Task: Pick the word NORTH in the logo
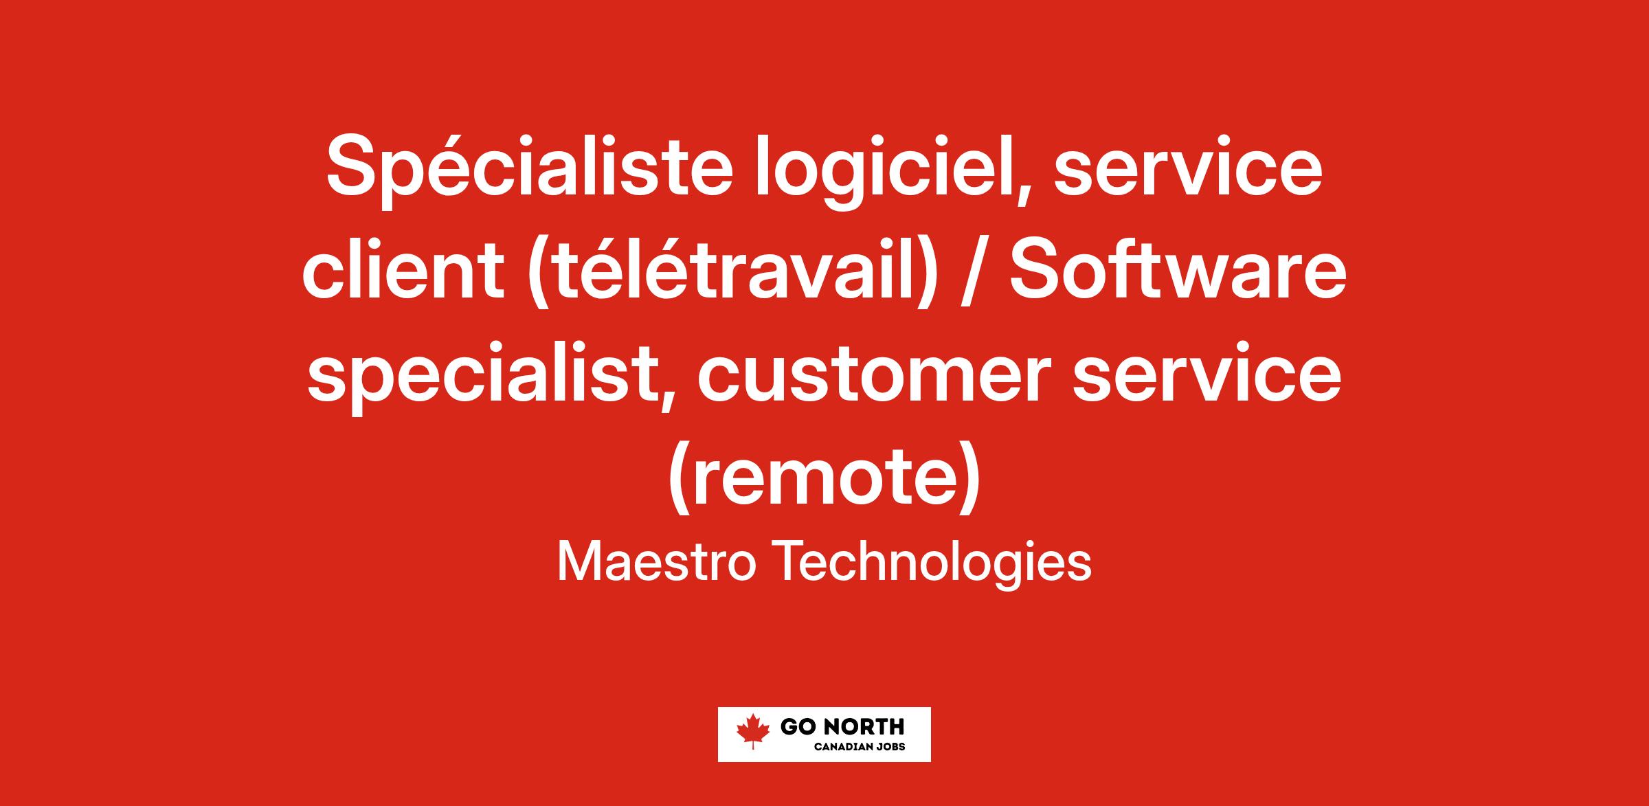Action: tap(862, 727)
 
